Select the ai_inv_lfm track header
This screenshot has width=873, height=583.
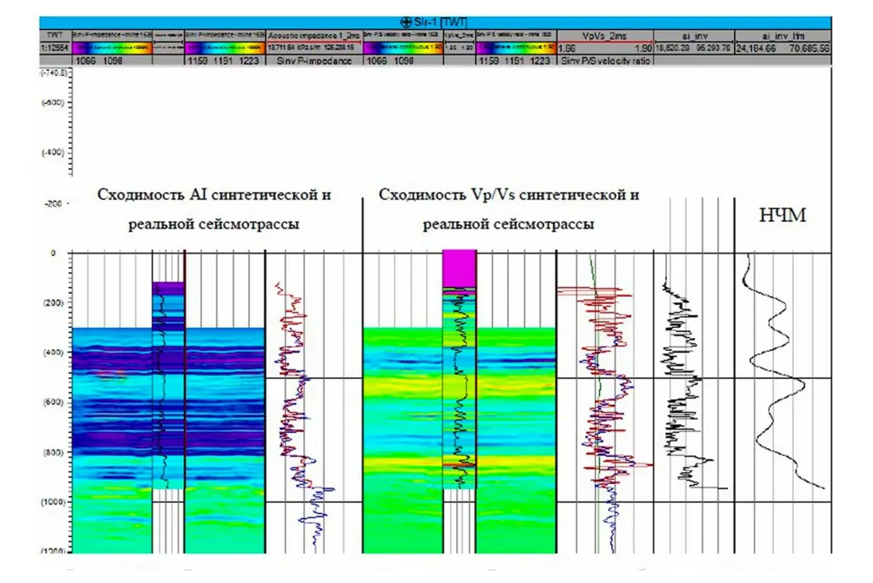pos(782,35)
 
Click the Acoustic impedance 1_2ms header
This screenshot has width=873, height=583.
pos(313,35)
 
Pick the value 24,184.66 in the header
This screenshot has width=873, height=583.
pos(757,49)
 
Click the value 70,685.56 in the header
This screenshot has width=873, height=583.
pos(810,49)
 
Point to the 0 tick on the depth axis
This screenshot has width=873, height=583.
pos(53,253)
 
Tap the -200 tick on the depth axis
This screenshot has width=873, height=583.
pos(53,205)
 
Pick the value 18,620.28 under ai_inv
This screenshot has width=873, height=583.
pos(670,49)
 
